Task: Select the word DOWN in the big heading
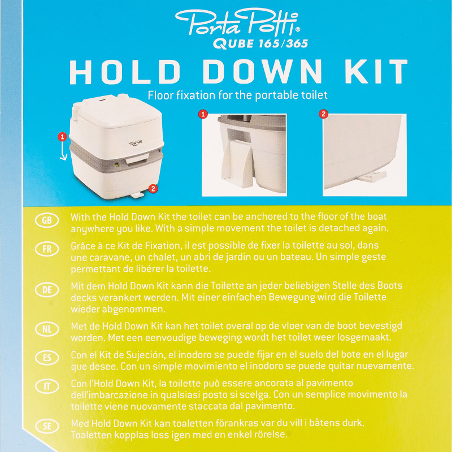262,72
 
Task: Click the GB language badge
47,220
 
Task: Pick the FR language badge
47,249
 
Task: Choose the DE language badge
47,290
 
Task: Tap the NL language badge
47,329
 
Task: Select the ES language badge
47,358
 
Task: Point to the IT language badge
47,386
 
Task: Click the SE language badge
47,427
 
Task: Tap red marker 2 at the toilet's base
153,189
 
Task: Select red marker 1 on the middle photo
203,114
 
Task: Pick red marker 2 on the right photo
323,114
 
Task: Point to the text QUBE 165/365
260,44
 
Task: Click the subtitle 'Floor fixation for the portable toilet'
238,95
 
